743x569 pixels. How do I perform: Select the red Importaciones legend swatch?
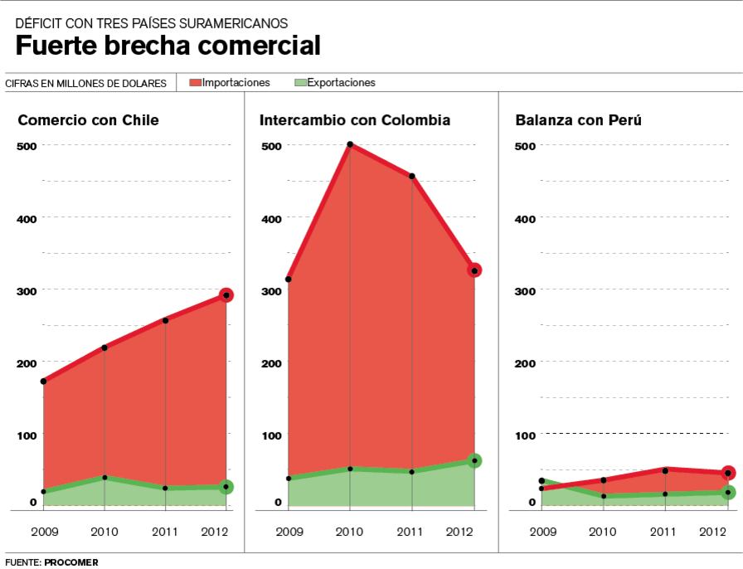click(x=196, y=83)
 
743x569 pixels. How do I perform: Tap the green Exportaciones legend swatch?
click(x=301, y=83)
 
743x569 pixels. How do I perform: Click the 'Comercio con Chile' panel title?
click(x=88, y=120)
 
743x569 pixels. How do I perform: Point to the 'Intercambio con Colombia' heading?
click(x=354, y=120)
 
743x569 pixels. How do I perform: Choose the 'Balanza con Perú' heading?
click(x=578, y=120)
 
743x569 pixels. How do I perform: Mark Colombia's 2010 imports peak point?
click(x=350, y=144)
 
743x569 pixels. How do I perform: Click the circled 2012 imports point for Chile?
click(x=226, y=294)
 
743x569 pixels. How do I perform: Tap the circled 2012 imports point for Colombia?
click(x=474, y=270)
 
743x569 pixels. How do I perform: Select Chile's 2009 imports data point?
click(x=43, y=382)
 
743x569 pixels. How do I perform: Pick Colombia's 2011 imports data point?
click(x=412, y=176)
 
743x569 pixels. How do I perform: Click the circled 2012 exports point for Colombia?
click(x=474, y=460)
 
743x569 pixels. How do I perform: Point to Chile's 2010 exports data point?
click(x=104, y=478)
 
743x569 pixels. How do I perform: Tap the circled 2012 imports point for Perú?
click(x=728, y=473)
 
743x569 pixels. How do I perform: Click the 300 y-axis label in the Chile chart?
click(x=27, y=290)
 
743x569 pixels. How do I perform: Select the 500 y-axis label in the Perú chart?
click(x=526, y=146)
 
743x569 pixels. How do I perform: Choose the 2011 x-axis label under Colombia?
click(x=412, y=531)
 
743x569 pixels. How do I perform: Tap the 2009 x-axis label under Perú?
click(x=541, y=531)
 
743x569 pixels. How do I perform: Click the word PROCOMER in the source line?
click(x=73, y=562)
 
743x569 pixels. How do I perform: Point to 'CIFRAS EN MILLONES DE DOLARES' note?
click(x=85, y=83)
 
